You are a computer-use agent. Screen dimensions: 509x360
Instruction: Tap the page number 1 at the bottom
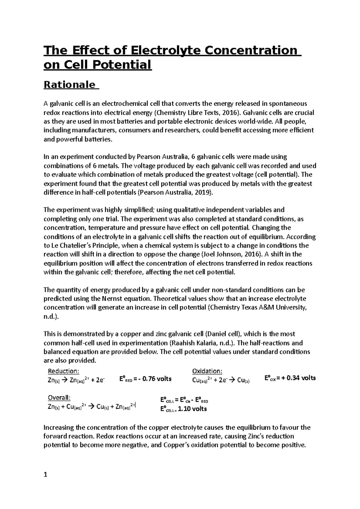click(x=46, y=475)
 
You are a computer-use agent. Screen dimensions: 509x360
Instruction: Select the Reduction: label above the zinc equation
click(x=64, y=371)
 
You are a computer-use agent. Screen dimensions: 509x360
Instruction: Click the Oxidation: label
click(x=207, y=371)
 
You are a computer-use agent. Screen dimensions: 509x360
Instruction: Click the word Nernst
click(x=112, y=299)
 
